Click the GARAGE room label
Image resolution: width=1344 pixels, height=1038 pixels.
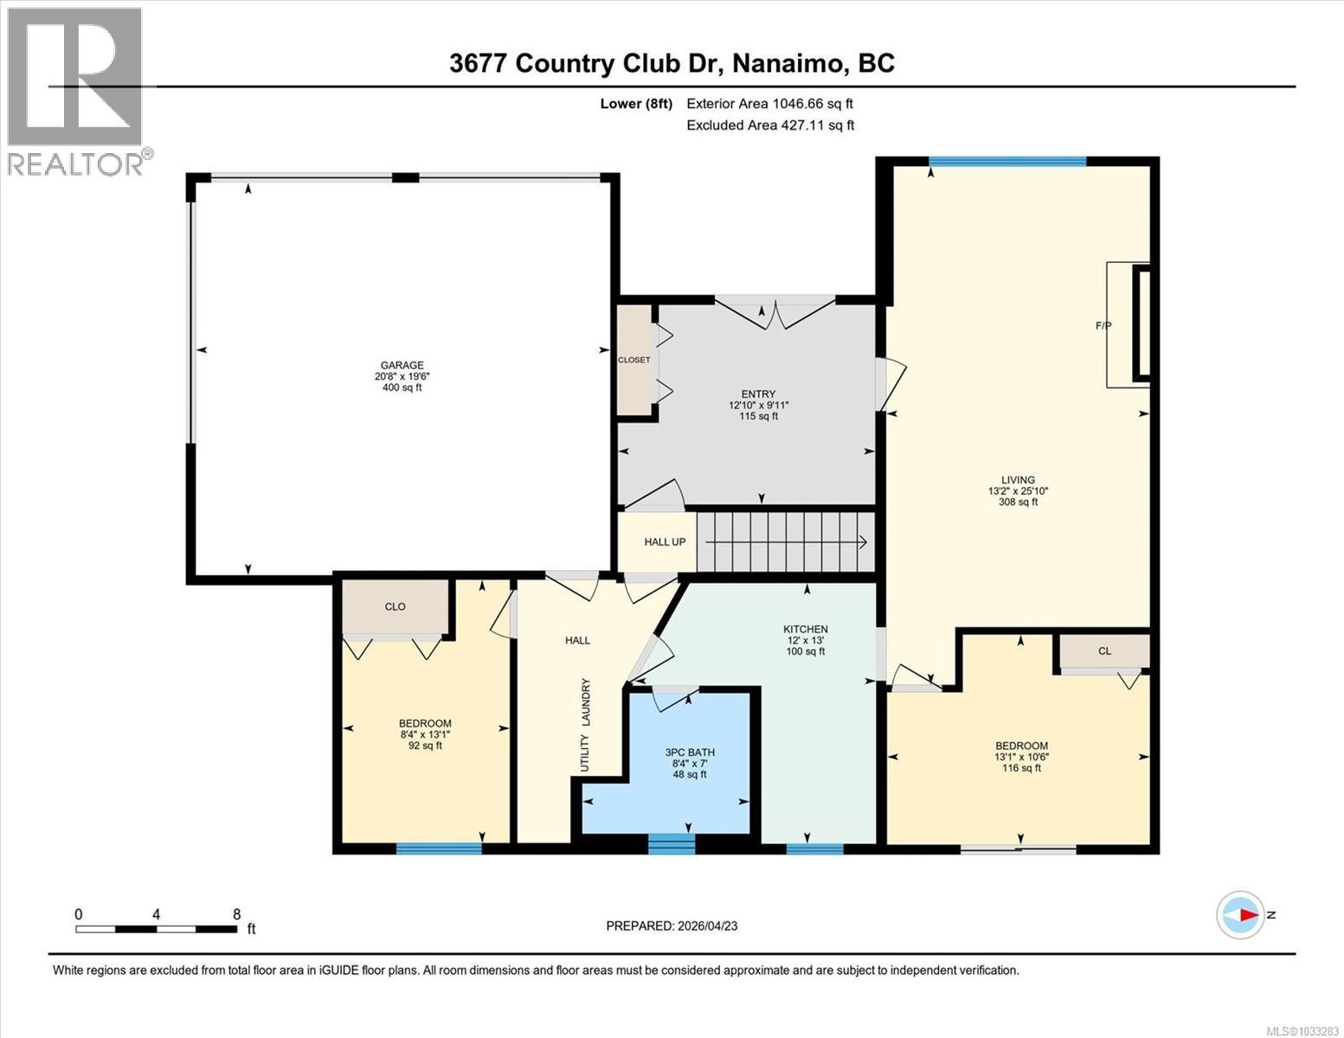click(x=402, y=366)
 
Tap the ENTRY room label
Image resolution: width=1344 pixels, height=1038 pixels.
click(x=758, y=394)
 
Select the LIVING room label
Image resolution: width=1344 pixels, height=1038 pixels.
click(x=1018, y=480)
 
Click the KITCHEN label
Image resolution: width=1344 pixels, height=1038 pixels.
click(x=806, y=630)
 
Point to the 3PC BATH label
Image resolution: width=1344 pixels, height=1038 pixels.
click(x=689, y=753)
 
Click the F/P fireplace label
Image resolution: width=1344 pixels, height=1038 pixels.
click(x=1103, y=326)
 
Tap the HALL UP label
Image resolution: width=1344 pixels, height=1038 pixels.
click(x=665, y=542)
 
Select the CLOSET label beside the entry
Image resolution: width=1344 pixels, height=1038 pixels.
click(x=633, y=360)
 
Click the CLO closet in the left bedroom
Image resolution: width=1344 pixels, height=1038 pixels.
click(x=395, y=606)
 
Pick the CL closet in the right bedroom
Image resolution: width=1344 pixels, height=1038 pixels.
click(x=1104, y=651)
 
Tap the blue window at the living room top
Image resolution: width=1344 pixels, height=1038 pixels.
click(x=1006, y=161)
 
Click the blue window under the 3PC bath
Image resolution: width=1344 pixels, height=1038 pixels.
click(x=672, y=843)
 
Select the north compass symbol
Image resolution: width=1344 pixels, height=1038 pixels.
click(x=1241, y=914)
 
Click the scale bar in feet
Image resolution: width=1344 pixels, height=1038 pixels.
click(x=157, y=929)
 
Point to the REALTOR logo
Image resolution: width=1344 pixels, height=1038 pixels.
click(x=76, y=91)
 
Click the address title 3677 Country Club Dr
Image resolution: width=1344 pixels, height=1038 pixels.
click(x=672, y=63)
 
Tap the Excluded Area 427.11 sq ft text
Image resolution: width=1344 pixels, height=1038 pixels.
click(x=769, y=125)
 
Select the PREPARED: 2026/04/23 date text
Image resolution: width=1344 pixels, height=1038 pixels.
click(x=672, y=926)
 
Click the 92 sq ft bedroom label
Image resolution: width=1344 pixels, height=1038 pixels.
click(x=425, y=745)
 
